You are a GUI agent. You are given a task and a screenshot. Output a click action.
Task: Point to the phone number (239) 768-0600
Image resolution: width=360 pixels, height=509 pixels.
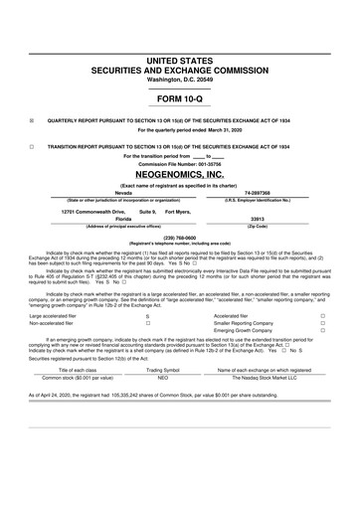[179, 237]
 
